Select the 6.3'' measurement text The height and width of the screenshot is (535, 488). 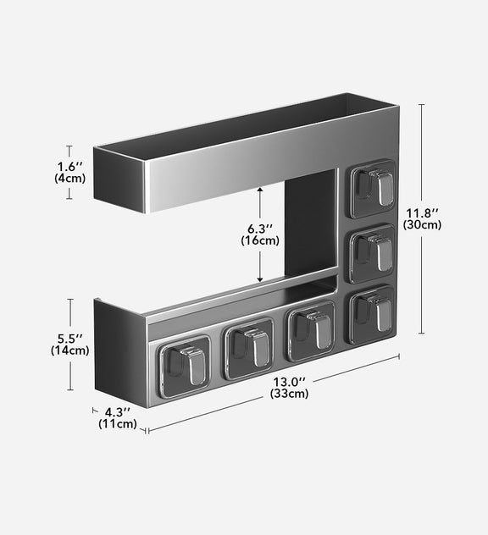pos(260,228)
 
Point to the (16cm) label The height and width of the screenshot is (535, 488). pos(260,240)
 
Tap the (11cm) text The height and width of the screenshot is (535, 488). pos(118,423)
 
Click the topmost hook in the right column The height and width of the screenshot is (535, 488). pos(373,187)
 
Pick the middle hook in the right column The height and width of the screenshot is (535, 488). pos(373,251)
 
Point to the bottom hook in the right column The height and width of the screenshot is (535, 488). pos(373,313)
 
